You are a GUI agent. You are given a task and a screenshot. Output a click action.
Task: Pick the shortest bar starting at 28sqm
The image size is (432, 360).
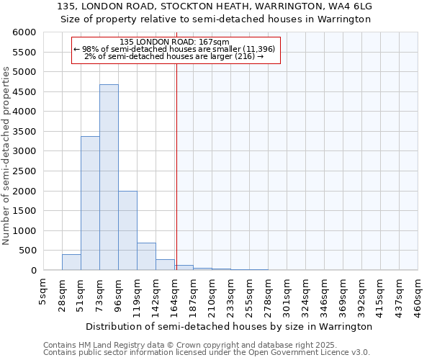pos(71,263)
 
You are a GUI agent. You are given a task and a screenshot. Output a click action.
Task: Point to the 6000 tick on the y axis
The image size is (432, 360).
pos(24,33)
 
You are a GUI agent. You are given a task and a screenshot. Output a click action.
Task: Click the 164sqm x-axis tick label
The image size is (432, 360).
pos(174,293)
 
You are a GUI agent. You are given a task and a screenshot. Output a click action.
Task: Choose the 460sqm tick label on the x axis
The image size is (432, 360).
pos(418,293)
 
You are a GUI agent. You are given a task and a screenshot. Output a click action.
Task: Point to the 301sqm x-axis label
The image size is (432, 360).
pos(287,293)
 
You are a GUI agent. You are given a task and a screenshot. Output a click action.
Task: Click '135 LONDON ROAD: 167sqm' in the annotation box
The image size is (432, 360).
pos(174,42)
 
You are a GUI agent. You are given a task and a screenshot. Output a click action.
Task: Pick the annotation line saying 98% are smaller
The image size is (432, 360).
pos(174,49)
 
